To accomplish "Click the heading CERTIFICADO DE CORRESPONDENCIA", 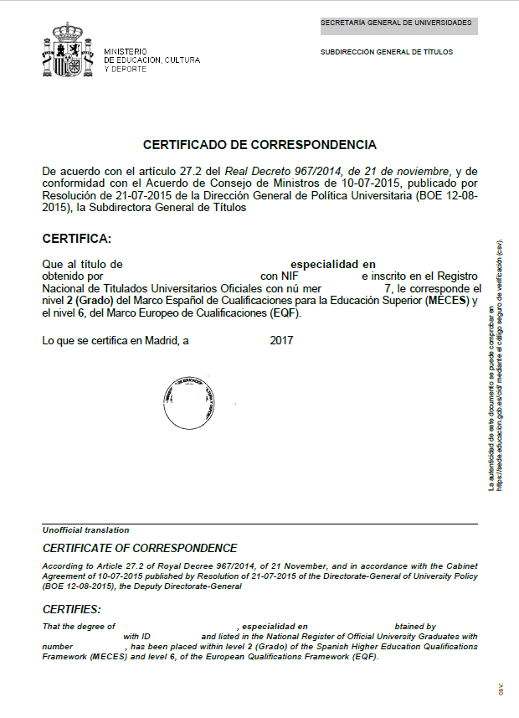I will point(259,145).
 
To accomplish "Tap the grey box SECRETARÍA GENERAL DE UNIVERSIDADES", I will point(398,23).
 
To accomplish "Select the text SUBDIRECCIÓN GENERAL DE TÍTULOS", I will point(387,52).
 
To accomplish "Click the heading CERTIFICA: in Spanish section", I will point(76,239).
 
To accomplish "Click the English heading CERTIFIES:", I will point(71,609).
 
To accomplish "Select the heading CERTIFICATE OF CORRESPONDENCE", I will point(140,549).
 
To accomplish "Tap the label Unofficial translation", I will point(86,530).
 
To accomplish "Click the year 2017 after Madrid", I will point(282,341).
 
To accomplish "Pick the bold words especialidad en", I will point(332,264).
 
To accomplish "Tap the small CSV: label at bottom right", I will point(501,689).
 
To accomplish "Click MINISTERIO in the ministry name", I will point(126,52).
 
